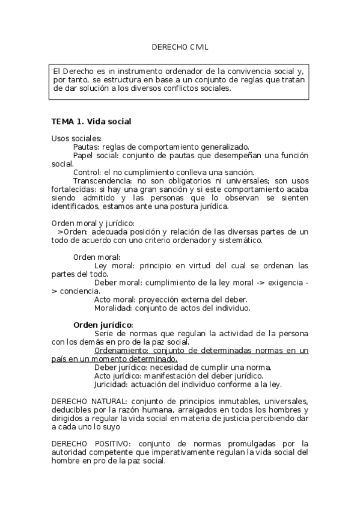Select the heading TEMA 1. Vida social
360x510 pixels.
click(x=91, y=121)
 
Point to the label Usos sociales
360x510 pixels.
click(x=76, y=138)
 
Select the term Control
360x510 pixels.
click(x=86, y=173)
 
